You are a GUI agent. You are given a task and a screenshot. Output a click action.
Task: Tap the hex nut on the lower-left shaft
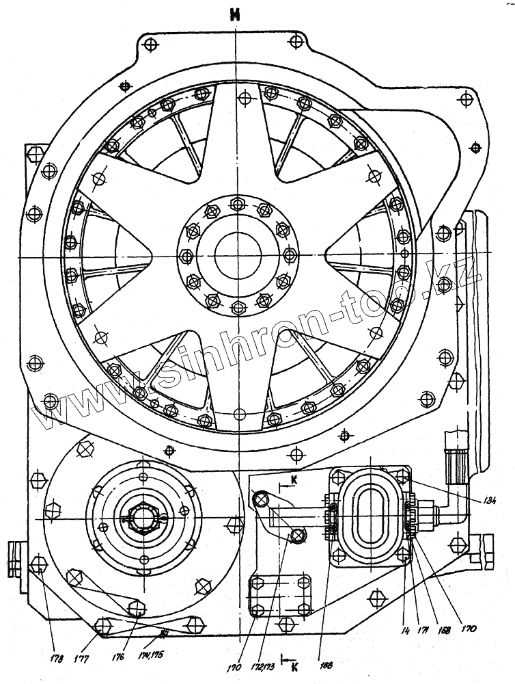141,521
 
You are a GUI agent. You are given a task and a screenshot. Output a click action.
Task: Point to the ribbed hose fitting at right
455,464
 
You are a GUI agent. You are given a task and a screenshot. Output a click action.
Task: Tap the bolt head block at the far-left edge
14,554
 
